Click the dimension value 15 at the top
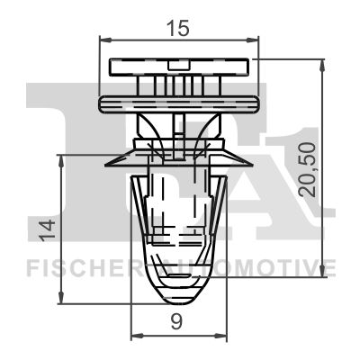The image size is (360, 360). (x=178, y=29)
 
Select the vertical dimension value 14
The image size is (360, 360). (x=42, y=230)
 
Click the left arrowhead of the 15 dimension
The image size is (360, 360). (x=102, y=40)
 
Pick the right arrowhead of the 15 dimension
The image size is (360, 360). (x=255, y=40)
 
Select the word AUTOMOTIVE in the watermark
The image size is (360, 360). (x=261, y=267)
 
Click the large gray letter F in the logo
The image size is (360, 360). (x=63, y=135)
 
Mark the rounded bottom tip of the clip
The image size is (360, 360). (x=177, y=295)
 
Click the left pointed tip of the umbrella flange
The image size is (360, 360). (x=107, y=165)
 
